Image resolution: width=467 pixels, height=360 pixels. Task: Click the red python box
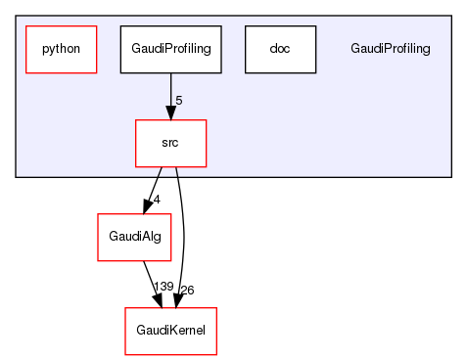(x=61, y=49)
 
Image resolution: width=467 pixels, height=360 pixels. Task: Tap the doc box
(x=280, y=49)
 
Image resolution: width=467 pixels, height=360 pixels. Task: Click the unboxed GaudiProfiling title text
(x=390, y=49)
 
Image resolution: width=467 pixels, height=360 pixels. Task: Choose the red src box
(x=170, y=143)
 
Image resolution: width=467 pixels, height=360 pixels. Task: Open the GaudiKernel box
(x=170, y=331)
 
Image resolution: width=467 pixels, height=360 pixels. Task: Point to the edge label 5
(x=179, y=101)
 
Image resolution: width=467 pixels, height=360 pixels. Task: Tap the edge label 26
(x=186, y=290)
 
